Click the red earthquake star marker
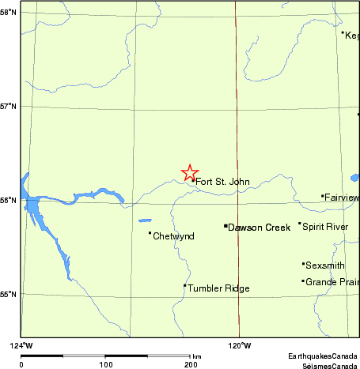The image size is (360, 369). point(190,172)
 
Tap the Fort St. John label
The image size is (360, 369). point(222,183)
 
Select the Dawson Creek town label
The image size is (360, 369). point(260,228)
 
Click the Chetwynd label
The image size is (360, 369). point(173,236)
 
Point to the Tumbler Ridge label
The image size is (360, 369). point(218,289)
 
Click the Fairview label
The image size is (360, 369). point(342,198)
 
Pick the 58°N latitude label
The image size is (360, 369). point(9,13)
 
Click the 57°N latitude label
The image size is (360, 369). point(9,106)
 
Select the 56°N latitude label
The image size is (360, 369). point(9,200)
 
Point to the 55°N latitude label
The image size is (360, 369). point(9,294)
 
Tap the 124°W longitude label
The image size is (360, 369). point(21,345)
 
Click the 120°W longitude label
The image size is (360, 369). point(239,345)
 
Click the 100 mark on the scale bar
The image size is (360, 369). point(105,364)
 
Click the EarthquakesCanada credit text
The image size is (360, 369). point(323,357)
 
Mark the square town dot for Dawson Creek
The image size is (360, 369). point(225,226)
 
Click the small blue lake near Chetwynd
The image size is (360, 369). point(144,221)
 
